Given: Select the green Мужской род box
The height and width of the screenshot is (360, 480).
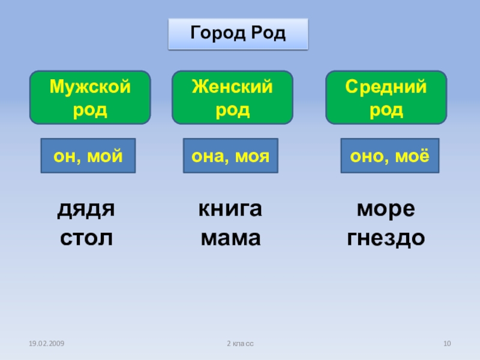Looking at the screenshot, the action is tap(90, 97).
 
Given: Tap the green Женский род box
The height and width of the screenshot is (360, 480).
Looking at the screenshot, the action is tap(232, 97).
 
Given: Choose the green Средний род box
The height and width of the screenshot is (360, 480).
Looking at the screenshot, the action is tap(386, 97).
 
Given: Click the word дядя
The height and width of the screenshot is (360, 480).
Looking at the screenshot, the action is tap(86, 210).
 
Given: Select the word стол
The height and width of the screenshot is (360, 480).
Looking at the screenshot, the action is tap(86, 238).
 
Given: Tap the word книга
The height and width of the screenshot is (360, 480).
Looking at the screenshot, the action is tap(230, 210).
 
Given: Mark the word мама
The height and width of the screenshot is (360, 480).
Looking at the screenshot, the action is tap(230, 238).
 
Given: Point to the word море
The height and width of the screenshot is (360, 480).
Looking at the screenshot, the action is tap(386, 210).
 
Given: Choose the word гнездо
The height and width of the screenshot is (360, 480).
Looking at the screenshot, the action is tap(386, 238).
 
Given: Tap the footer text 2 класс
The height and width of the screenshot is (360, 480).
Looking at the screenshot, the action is tap(240, 343).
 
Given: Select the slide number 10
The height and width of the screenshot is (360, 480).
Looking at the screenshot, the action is tap(446, 343).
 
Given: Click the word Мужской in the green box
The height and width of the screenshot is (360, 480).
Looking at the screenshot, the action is tap(90, 87).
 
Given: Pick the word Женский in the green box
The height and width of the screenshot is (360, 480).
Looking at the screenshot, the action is tap(232, 87).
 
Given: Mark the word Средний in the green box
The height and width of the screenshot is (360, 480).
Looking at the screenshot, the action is tap(386, 87).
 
